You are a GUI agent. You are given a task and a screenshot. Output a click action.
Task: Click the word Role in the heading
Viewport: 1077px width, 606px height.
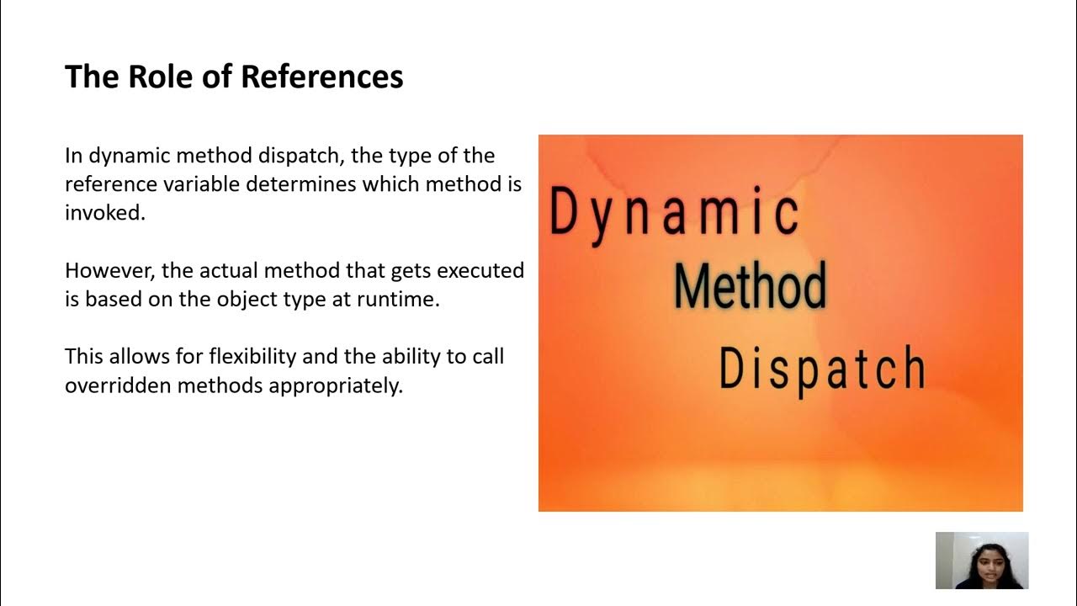pos(156,77)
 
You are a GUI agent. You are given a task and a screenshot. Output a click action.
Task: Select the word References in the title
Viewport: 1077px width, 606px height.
pos(322,77)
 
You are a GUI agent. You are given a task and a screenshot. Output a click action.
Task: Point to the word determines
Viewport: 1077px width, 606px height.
pos(300,184)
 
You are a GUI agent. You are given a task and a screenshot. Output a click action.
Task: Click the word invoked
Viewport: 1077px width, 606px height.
pos(104,213)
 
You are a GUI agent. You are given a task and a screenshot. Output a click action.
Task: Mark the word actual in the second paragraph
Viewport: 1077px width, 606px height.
pos(230,270)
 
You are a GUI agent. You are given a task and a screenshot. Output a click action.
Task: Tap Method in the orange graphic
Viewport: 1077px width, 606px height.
pos(750,285)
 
